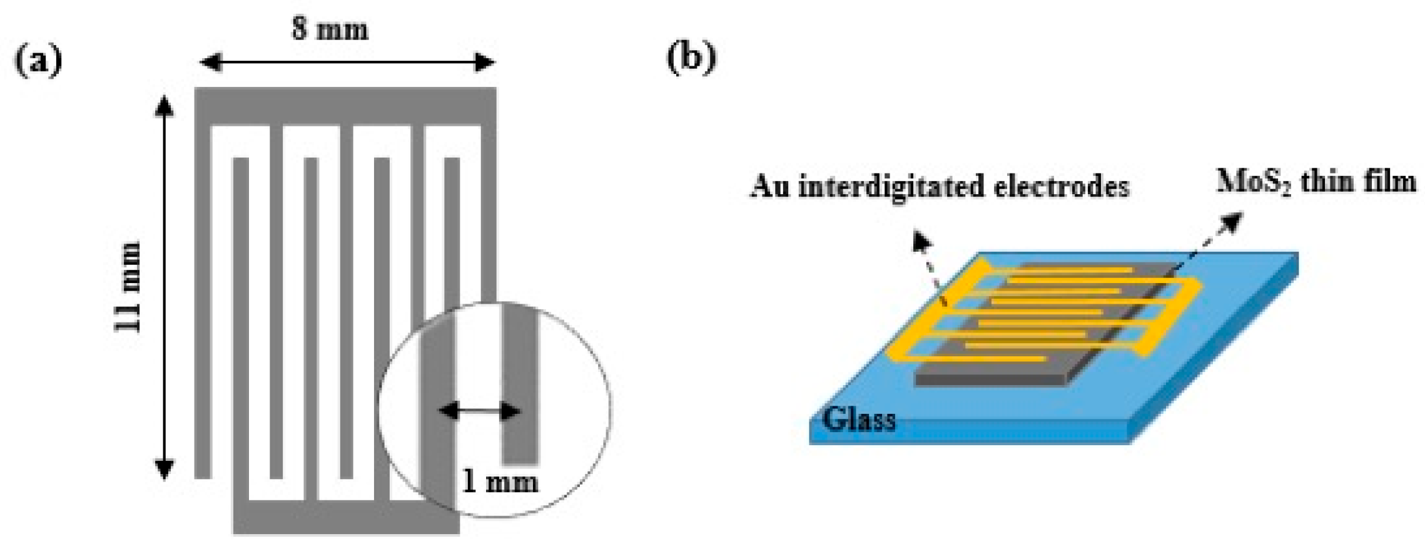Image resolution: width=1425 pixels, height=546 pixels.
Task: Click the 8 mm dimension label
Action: click(330, 29)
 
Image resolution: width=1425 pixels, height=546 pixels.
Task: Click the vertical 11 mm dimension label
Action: click(129, 286)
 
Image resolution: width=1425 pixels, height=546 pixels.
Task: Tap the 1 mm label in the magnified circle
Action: click(499, 482)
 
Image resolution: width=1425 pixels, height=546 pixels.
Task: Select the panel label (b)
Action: click(691, 58)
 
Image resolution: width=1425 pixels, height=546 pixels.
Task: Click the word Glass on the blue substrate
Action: click(858, 419)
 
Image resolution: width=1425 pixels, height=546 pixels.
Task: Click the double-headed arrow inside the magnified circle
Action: click(479, 411)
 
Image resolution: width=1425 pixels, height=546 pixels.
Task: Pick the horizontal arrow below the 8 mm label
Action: click(347, 63)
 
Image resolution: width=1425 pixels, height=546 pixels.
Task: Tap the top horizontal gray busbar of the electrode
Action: click(345, 106)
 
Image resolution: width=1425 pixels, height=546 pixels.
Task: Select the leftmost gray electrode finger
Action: click(203, 301)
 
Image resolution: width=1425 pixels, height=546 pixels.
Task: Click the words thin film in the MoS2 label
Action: click(1357, 182)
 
